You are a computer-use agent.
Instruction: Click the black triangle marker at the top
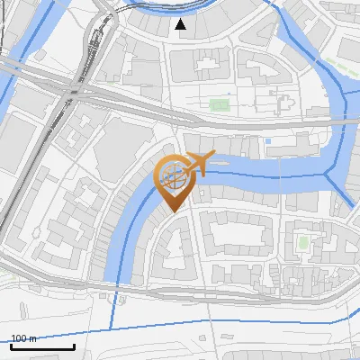181,24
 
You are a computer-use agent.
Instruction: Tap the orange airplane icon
201,163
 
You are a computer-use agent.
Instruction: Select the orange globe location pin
173,180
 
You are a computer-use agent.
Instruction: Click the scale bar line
42,346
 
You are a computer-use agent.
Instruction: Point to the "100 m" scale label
23,338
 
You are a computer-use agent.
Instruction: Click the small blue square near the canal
268,140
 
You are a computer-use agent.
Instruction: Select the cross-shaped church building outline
289,103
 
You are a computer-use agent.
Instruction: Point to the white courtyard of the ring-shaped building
236,237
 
